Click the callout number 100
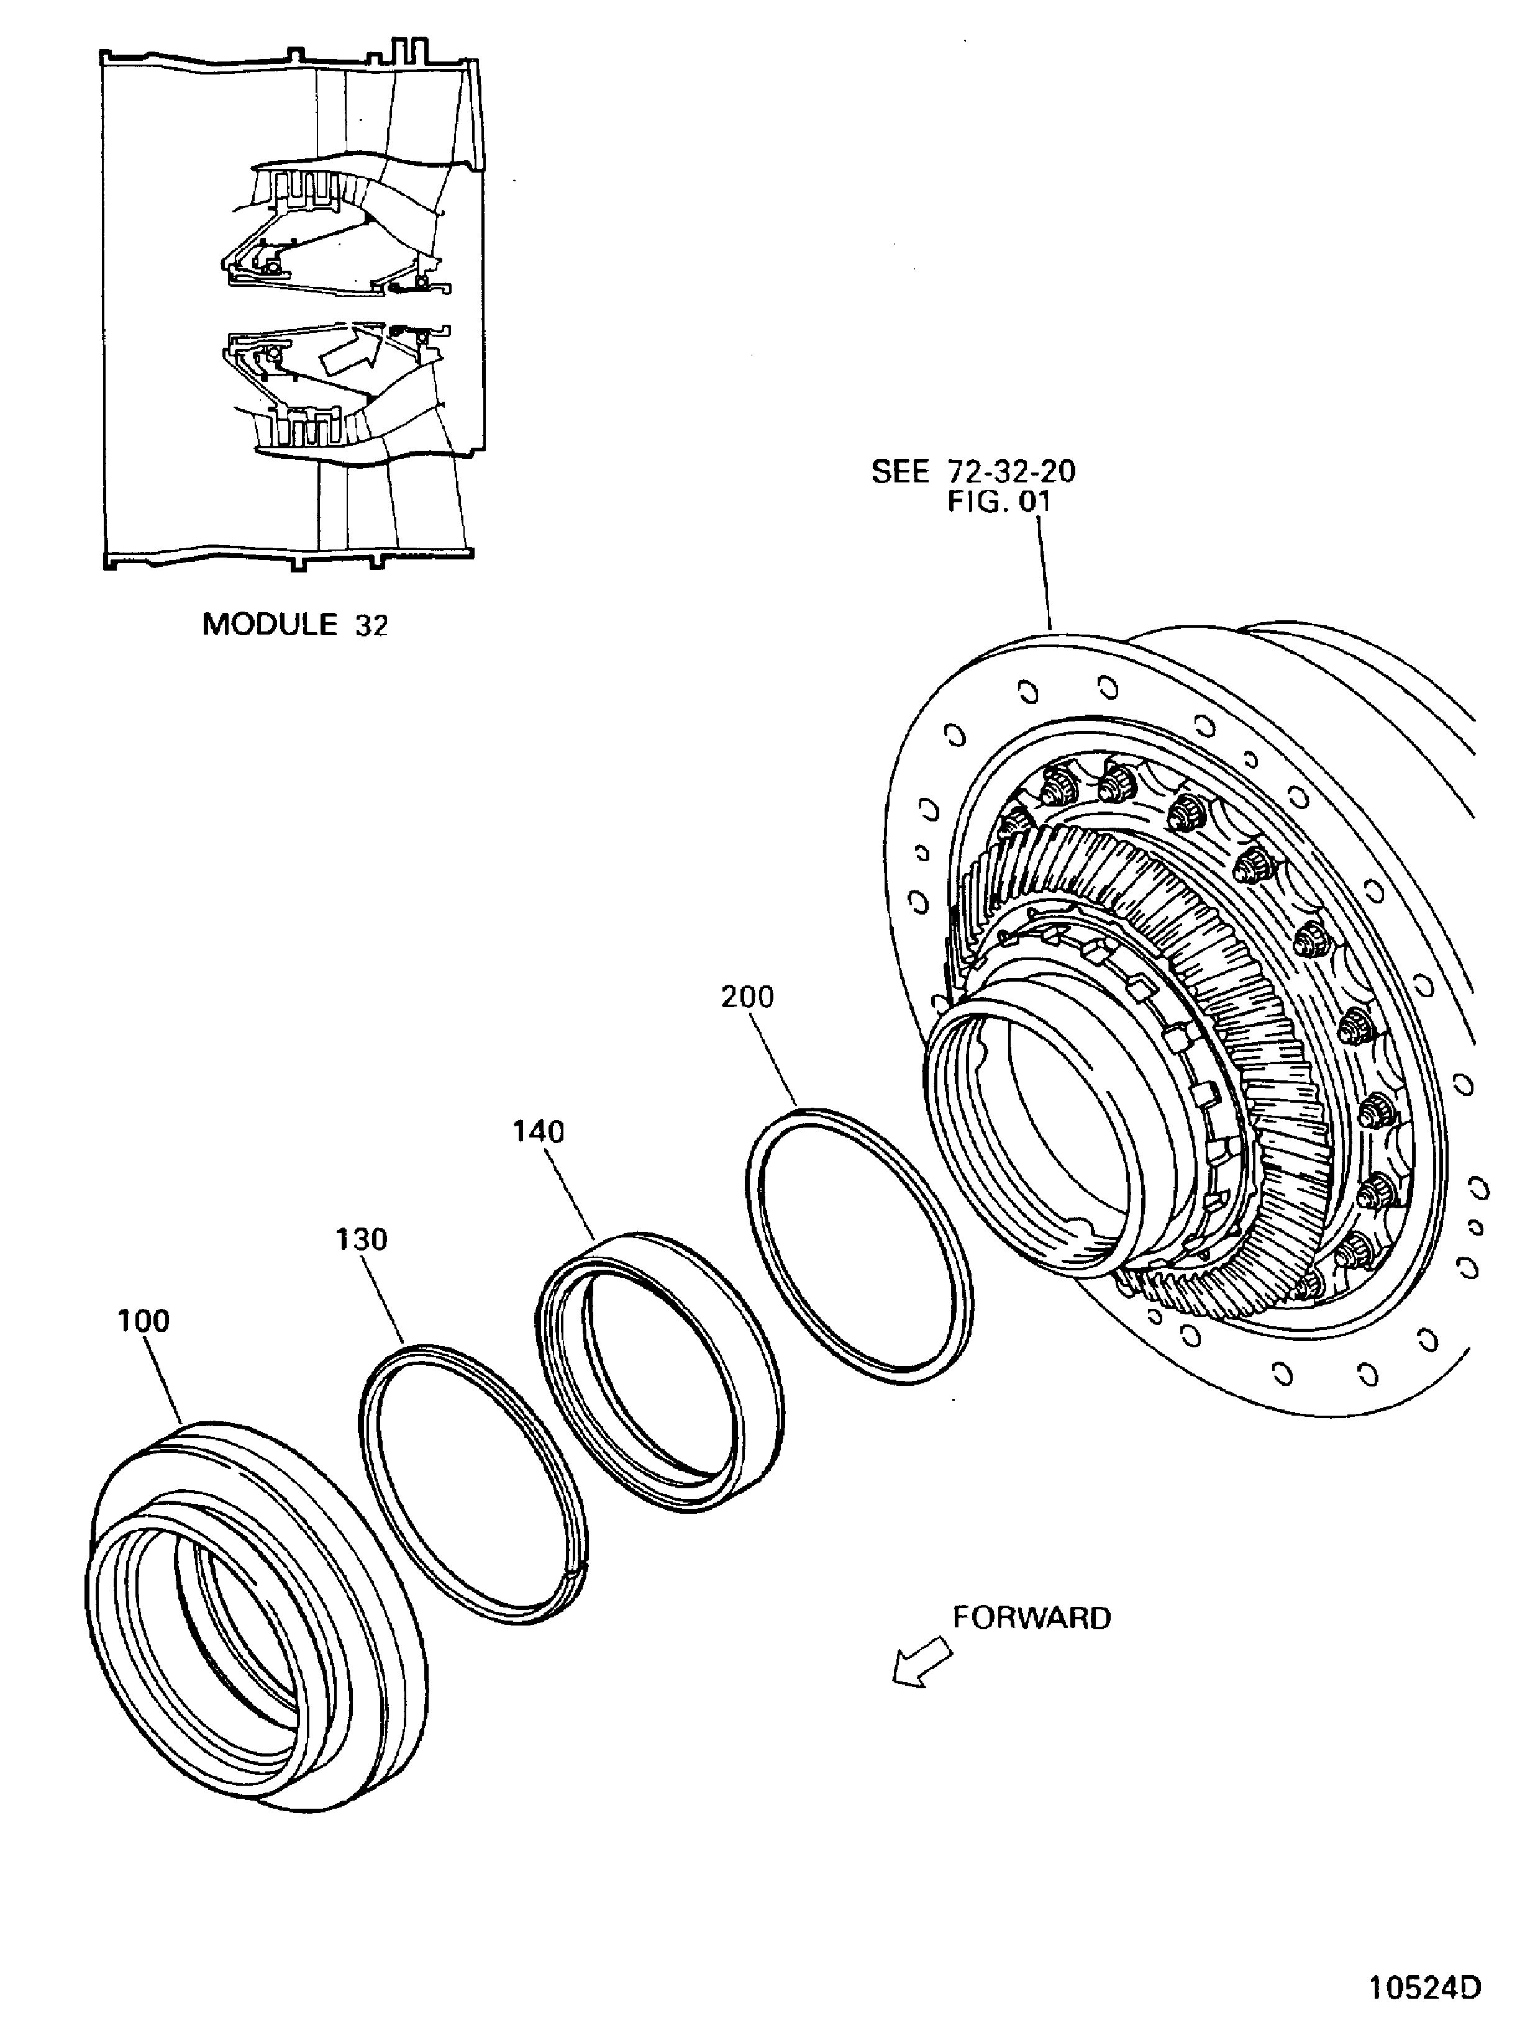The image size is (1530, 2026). [x=144, y=1321]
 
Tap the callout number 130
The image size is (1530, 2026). [x=361, y=1240]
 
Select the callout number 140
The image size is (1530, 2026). [x=539, y=1132]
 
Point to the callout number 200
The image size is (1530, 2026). [x=747, y=997]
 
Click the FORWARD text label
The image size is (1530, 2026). [x=1032, y=1617]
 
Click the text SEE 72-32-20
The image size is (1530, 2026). [x=973, y=472]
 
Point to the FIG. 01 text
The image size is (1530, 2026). [x=999, y=502]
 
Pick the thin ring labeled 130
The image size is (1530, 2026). [x=385, y=1465]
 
